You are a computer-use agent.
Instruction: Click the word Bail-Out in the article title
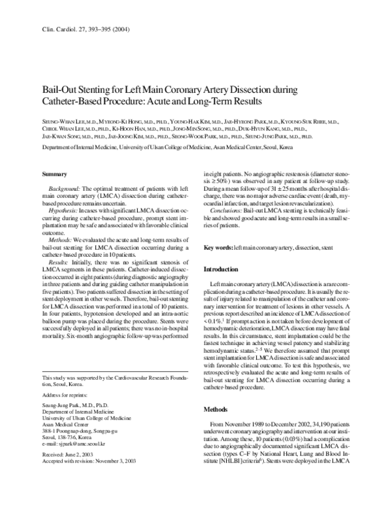click(64, 90)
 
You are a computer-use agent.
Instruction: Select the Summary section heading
click(55, 174)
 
